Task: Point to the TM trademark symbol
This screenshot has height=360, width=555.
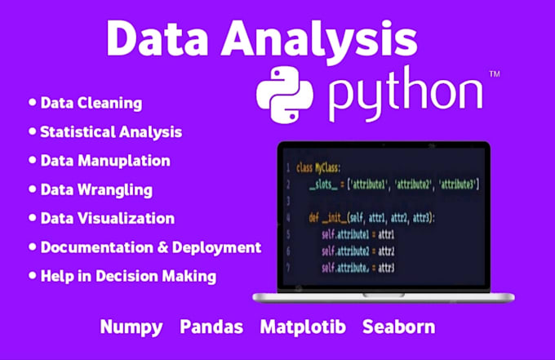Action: point(494,74)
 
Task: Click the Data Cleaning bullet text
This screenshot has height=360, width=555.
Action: point(91,104)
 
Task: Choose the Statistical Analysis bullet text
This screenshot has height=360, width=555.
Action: point(111,131)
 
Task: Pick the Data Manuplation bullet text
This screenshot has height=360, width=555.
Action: point(105,161)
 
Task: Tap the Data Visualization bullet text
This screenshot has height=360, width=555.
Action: point(107,219)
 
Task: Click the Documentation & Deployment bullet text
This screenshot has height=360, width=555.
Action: point(150,247)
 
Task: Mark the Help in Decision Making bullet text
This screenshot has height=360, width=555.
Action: point(128,276)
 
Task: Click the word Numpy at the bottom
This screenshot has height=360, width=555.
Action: point(131,327)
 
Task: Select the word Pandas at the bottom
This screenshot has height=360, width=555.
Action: point(212,327)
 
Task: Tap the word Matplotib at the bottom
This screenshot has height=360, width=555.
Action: point(303,327)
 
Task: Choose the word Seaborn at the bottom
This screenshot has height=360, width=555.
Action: point(399,327)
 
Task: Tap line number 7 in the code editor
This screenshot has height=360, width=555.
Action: point(286,268)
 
